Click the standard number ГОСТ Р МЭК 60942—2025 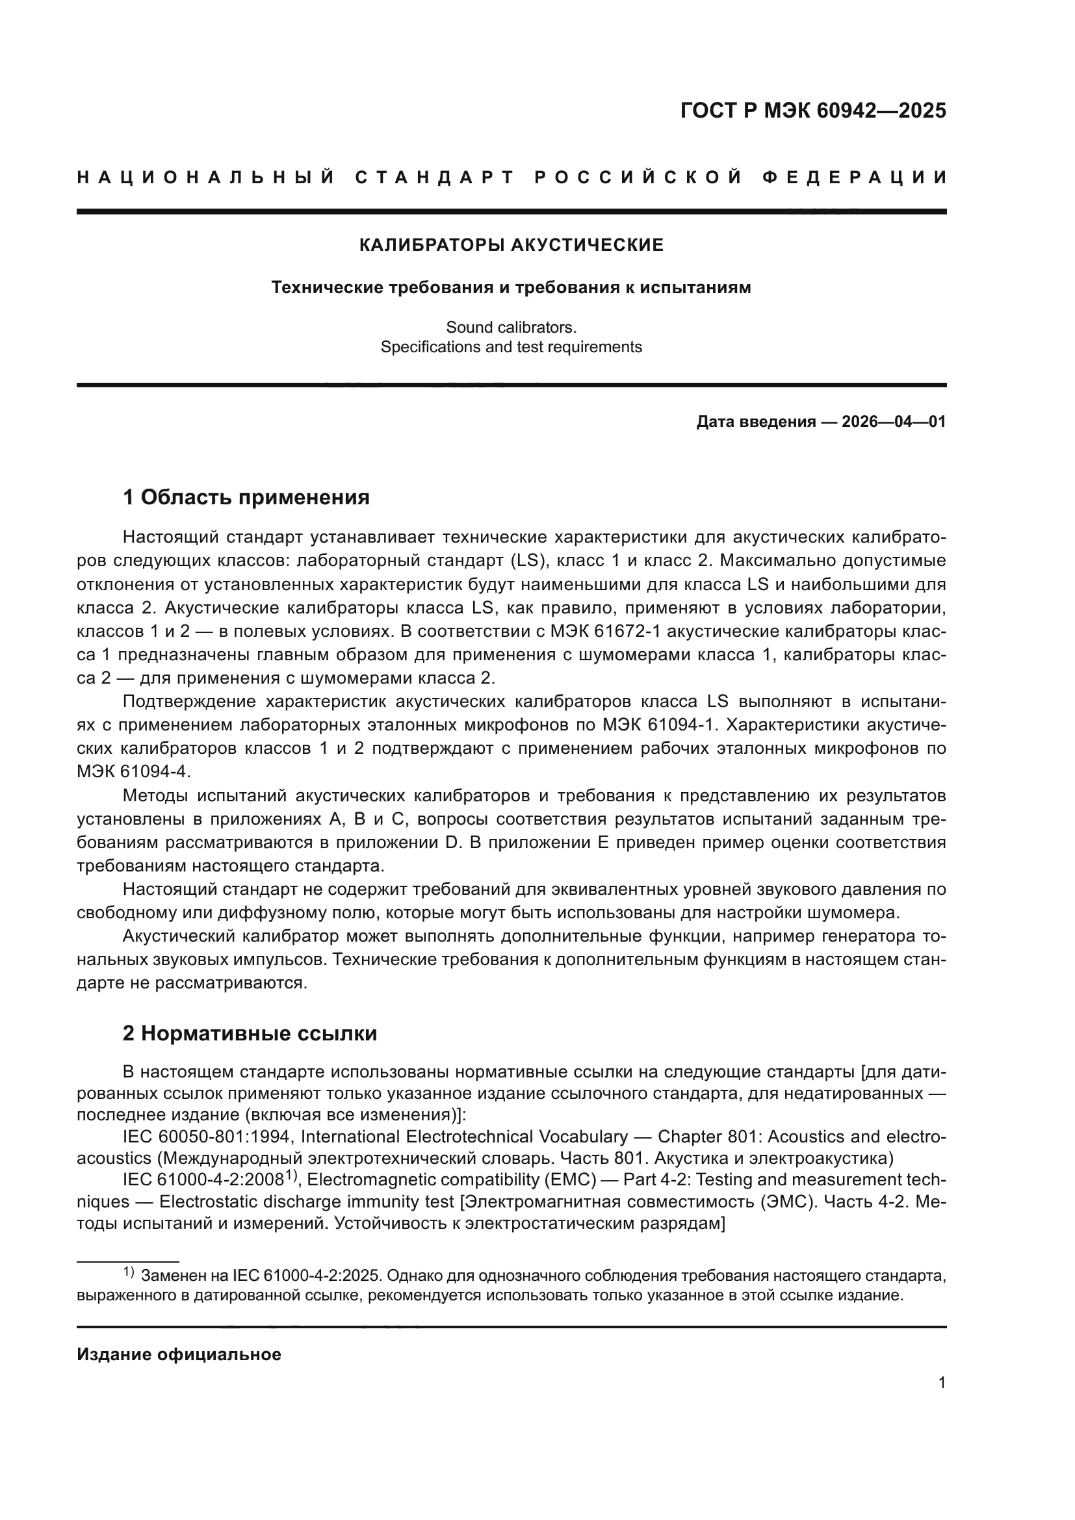coord(813,110)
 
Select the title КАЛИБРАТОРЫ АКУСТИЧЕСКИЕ coord(511,246)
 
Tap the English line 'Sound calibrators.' coord(511,327)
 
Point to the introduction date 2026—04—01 coord(894,422)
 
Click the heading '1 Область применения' coord(246,497)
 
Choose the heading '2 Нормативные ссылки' coord(250,1033)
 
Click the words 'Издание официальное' coord(179,1354)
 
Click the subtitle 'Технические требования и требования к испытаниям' coord(511,288)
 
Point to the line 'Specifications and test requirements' coord(511,348)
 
